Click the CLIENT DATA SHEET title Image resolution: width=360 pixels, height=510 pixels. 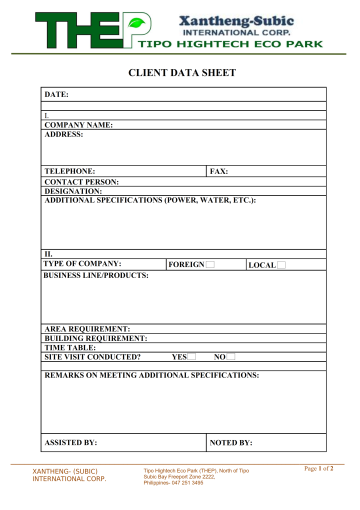pos(180,74)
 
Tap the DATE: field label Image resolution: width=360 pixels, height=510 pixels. pos(56,94)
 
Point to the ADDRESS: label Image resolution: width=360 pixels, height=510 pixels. pos(63,134)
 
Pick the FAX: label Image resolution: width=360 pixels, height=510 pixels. pos(219,172)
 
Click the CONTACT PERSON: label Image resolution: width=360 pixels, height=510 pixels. pos(81,181)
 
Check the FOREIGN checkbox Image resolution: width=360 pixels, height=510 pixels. pos(210,265)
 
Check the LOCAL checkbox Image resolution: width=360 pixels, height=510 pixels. pos(281,265)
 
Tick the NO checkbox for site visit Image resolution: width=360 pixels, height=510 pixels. pos(230,357)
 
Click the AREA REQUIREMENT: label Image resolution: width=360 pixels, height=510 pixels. pos(87,329)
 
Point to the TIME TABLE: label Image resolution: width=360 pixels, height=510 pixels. pos(70,348)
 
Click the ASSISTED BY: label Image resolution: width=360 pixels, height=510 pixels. pos(71,441)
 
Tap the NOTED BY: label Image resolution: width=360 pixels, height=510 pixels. pos(231,441)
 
